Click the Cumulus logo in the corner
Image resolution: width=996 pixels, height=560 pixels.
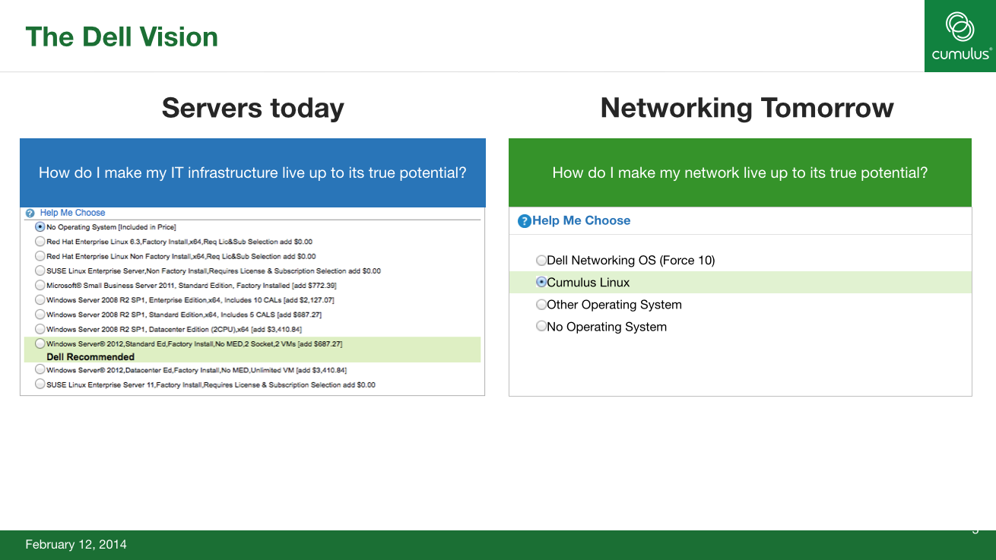click(960, 36)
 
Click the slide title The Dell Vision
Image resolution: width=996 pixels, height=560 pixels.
click(122, 37)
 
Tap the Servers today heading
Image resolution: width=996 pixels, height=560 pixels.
click(252, 108)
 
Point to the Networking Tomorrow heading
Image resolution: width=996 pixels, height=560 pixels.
click(747, 108)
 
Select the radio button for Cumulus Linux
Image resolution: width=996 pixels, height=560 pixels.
click(541, 282)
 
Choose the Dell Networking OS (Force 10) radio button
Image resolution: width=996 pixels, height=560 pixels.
click(541, 260)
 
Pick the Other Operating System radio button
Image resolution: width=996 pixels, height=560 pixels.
click(541, 305)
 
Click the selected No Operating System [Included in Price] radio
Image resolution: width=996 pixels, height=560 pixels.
click(40, 226)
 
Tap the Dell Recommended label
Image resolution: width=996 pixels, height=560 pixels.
click(90, 357)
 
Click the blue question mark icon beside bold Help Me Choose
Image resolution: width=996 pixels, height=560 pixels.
click(525, 221)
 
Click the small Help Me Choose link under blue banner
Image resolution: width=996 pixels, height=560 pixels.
click(72, 213)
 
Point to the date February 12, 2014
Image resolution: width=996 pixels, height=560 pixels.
click(76, 545)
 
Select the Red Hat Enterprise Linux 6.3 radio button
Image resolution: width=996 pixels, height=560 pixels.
click(40, 242)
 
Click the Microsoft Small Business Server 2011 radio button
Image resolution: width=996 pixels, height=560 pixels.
click(40, 285)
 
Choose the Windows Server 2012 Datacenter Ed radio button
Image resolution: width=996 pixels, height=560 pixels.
click(40, 369)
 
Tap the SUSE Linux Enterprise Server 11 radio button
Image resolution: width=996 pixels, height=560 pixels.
click(40, 384)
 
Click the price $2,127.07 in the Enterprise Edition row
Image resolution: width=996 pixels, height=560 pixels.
click(316, 300)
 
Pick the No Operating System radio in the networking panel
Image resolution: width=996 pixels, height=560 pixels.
click(541, 326)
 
